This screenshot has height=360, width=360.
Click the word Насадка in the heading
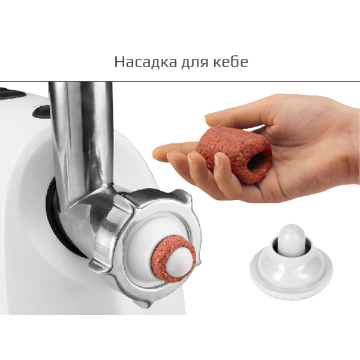[146, 62]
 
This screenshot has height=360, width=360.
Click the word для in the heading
[194, 62]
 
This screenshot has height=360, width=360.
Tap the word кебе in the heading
[230, 61]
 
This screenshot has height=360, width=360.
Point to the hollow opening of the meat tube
[257, 159]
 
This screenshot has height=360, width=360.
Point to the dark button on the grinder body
[41, 112]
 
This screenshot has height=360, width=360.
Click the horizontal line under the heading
[180, 81]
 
